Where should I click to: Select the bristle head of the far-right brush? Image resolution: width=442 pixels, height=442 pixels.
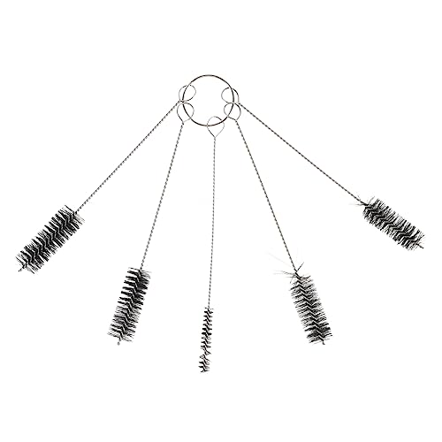pyautogui.click(x=392, y=222)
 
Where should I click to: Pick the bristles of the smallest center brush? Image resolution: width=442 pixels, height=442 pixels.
pyautogui.click(x=206, y=331)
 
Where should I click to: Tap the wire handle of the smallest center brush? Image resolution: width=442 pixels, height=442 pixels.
pyautogui.click(x=210, y=230)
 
